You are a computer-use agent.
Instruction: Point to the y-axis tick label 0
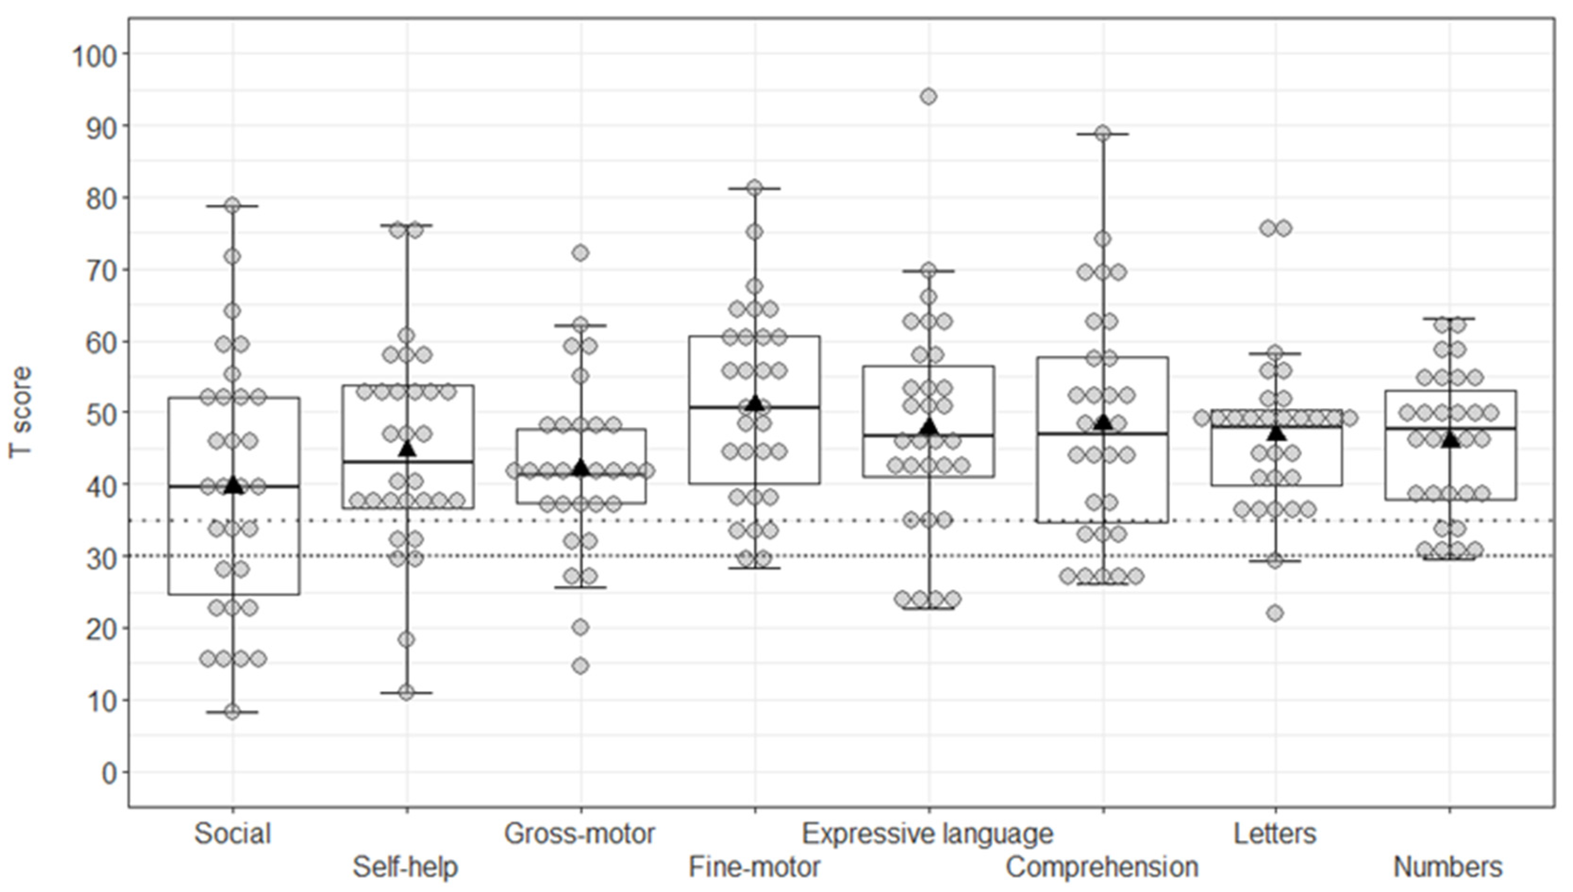coord(109,773)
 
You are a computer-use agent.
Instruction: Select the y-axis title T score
coord(20,412)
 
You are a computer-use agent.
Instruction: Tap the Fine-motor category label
coord(754,867)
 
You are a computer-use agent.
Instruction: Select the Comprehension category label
coord(1102,867)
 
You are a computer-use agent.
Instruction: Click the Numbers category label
coord(1448,867)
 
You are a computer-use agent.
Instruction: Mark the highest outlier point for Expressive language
coord(929,96)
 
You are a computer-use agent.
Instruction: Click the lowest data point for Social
coord(232,711)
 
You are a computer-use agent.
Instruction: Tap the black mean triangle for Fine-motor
coord(755,402)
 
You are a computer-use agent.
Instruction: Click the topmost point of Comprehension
coord(1103,133)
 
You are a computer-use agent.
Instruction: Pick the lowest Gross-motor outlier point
coord(581,665)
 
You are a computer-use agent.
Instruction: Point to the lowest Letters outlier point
coord(1275,613)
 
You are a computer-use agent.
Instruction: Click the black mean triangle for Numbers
coord(1450,439)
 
